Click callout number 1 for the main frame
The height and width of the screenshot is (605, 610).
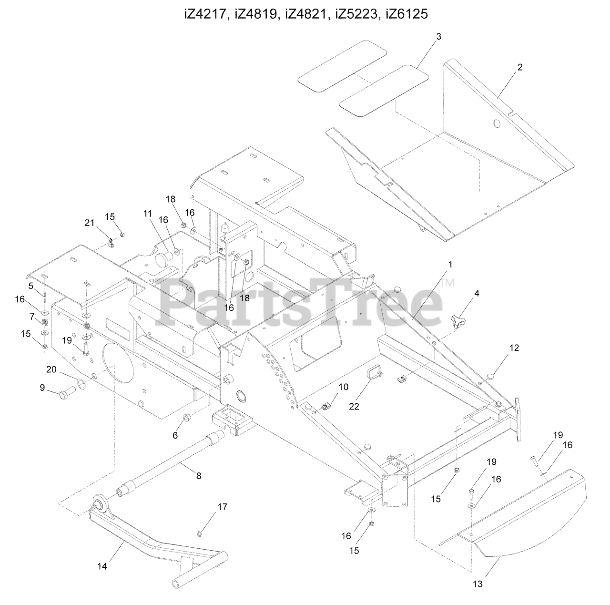pyautogui.click(x=450, y=264)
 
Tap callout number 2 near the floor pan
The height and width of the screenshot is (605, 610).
pyautogui.click(x=520, y=67)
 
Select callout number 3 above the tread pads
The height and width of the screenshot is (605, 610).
pyautogui.click(x=438, y=36)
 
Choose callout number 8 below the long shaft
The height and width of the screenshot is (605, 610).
pyautogui.click(x=198, y=475)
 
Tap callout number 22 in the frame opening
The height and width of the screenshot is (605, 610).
pyautogui.click(x=354, y=406)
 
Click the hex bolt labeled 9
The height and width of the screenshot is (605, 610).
pyautogui.click(x=65, y=395)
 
